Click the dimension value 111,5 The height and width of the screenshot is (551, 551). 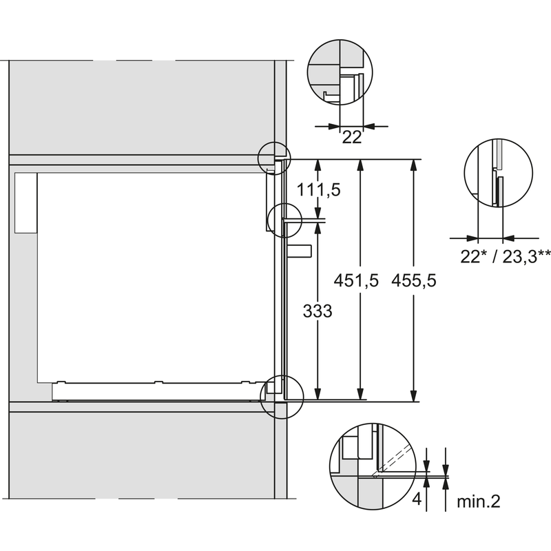pyautogui.click(x=319, y=190)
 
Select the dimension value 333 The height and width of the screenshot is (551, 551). pyautogui.click(x=318, y=311)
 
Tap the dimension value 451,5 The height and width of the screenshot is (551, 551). pyautogui.click(x=356, y=281)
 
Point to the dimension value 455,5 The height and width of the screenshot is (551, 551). pyautogui.click(x=414, y=281)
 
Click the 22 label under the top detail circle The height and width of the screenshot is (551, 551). pyautogui.click(x=352, y=137)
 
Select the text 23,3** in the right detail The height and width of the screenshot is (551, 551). pyautogui.click(x=526, y=257)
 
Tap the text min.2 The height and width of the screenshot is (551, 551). pyautogui.click(x=478, y=501)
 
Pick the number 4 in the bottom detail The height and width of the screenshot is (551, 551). pyautogui.click(x=417, y=499)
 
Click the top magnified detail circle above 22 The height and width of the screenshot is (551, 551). pyautogui.click(x=340, y=72)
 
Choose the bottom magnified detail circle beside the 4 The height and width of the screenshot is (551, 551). pyautogui.click(x=373, y=466)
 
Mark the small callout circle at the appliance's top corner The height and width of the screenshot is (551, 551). pyautogui.click(x=274, y=158)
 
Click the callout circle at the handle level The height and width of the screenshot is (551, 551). pyautogui.click(x=284, y=220)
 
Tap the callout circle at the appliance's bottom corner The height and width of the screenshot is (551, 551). pyautogui.click(x=282, y=397)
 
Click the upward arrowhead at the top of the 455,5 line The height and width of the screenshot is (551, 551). pyautogui.click(x=415, y=165)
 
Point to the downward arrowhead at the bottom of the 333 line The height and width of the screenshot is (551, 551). pyautogui.click(x=318, y=393)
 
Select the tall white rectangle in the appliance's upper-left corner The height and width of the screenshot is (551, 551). pyautogui.click(x=25, y=202)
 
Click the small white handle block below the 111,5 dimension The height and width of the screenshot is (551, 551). pyautogui.click(x=300, y=251)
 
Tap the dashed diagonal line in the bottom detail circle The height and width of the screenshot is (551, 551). pyautogui.click(x=392, y=461)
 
